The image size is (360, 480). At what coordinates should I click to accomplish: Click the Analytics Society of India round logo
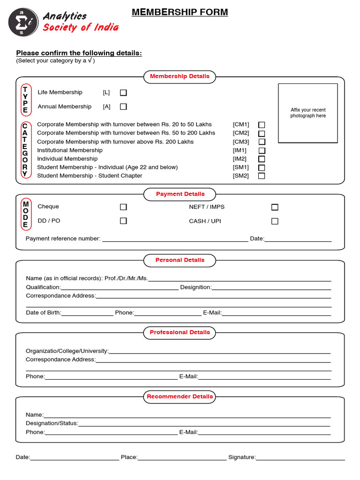point(23,22)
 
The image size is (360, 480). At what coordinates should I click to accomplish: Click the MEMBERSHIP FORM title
point(180,12)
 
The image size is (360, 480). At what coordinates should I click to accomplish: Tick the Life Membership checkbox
point(123,93)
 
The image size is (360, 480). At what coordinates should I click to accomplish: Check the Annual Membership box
point(123,107)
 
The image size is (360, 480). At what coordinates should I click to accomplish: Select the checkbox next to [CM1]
point(262,125)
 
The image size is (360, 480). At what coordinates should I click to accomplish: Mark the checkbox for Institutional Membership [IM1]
point(262,150)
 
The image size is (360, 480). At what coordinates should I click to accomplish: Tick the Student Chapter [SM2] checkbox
point(262,176)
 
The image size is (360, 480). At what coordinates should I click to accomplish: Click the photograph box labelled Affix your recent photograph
point(307,113)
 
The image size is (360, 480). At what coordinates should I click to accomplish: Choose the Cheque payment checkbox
point(123,207)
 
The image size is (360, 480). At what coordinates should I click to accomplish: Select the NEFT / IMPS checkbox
point(275,207)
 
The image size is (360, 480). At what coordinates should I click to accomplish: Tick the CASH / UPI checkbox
point(275,221)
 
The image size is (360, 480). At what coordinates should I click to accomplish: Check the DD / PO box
point(123,221)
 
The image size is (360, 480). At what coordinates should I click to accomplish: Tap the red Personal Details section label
point(180,260)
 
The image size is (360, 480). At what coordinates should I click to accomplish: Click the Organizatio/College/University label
point(67,351)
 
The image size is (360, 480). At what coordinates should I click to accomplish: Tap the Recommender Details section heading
point(180,397)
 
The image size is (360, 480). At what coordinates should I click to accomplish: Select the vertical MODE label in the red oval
point(26,215)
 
